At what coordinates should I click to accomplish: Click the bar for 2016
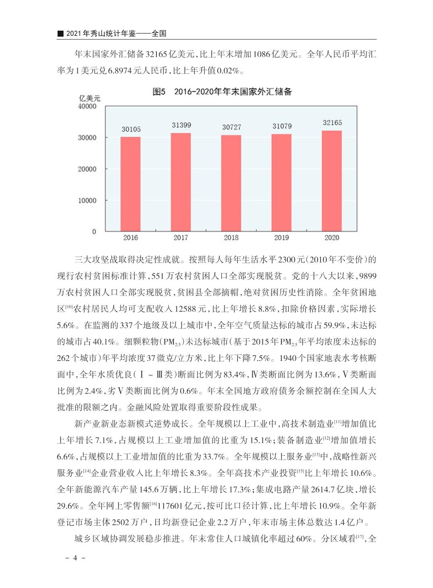131,184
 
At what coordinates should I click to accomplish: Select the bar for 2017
181,182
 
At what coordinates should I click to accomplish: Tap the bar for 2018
231,183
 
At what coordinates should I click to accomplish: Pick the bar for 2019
281,183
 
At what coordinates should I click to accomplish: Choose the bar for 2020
332,181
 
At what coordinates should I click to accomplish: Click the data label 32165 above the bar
332,123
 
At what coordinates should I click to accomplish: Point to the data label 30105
131,129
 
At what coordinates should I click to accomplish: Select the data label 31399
181,125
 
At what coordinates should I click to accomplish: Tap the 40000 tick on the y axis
87,106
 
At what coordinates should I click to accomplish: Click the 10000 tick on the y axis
87,200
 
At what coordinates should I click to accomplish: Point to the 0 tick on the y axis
94,231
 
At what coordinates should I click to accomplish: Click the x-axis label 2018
231,238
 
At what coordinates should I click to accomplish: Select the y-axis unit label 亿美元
90,98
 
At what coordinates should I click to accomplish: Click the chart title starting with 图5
222,92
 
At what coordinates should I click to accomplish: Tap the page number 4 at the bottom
75,558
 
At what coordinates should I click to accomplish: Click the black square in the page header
60,34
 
